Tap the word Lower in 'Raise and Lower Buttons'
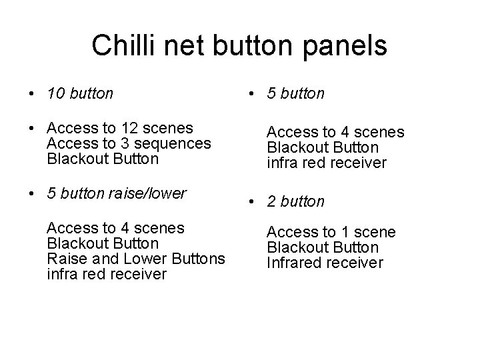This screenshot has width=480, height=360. pyautogui.click(x=141, y=259)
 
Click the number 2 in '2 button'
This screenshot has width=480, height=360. pyautogui.click(x=271, y=201)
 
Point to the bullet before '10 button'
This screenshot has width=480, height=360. pyautogui.click(x=32, y=94)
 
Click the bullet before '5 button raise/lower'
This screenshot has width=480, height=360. pyautogui.click(x=32, y=195)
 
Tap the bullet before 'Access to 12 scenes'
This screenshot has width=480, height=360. pyautogui.click(x=32, y=128)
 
